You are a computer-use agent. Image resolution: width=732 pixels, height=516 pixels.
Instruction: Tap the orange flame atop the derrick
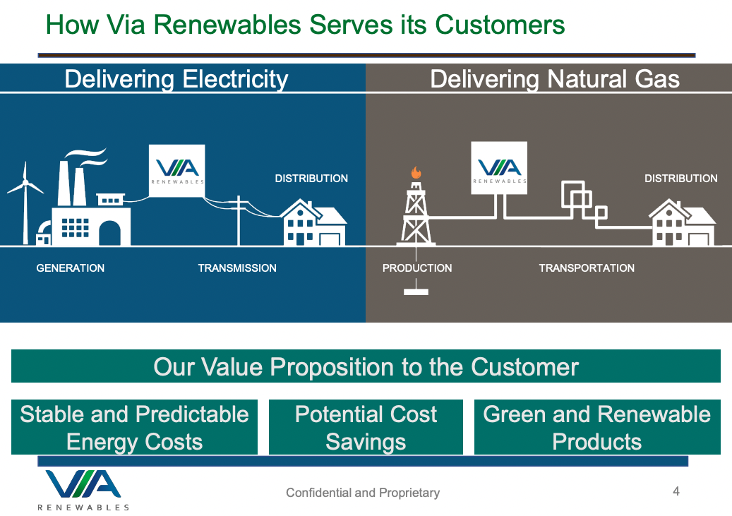tap(416, 172)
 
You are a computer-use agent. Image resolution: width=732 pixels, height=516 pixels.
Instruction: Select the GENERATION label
tap(71, 268)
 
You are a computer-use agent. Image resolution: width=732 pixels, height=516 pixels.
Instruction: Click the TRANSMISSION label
tap(237, 268)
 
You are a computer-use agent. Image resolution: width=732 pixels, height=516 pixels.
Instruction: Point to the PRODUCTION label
tap(417, 268)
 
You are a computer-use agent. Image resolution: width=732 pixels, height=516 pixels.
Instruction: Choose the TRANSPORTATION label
tap(587, 268)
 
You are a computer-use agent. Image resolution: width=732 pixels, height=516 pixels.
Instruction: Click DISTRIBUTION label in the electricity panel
tap(311, 179)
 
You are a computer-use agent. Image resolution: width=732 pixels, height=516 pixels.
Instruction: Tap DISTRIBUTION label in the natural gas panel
tap(681, 179)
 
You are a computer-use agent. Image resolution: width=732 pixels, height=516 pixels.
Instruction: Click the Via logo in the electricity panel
tap(177, 171)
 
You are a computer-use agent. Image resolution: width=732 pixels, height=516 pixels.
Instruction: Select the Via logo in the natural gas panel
tap(499, 168)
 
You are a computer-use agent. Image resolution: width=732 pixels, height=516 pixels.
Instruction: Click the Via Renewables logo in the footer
tap(83, 490)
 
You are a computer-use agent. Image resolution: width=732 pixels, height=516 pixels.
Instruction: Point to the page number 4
tap(676, 491)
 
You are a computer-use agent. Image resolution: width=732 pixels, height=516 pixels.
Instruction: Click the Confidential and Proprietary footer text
tap(363, 493)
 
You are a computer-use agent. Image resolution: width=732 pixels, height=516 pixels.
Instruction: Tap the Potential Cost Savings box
tap(366, 427)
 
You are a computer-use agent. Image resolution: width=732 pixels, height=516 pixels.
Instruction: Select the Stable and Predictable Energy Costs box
tap(134, 427)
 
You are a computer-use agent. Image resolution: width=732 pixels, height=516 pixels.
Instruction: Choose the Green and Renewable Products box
tap(597, 427)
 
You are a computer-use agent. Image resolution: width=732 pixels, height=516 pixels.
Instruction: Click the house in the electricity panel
tap(313, 223)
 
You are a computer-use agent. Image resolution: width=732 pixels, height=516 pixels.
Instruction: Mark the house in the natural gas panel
tap(682, 223)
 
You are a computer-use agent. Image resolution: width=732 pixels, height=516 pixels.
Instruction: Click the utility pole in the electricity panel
tap(239, 220)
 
